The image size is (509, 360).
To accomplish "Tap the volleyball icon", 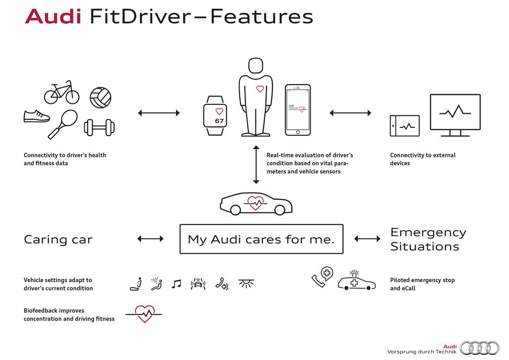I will click(100, 96).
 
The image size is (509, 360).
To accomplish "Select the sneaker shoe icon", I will click(37, 116).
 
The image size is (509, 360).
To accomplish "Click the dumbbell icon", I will click(98, 127).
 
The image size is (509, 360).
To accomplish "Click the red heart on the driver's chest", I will click(260, 90).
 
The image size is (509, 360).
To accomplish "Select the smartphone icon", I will click(297, 110).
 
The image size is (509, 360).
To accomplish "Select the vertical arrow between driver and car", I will click(256, 165).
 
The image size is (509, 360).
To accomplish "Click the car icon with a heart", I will click(255, 204).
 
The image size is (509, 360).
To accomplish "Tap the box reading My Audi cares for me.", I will click(261, 239).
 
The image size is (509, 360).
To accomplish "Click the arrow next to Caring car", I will click(150, 239).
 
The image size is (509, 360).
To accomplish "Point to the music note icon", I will click(176, 284).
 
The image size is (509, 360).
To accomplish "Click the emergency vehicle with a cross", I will click(356, 282).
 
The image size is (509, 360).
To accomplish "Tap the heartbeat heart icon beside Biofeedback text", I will click(144, 313).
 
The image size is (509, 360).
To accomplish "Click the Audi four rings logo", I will click(479, 348).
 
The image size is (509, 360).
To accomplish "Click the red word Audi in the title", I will click(53, 16).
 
